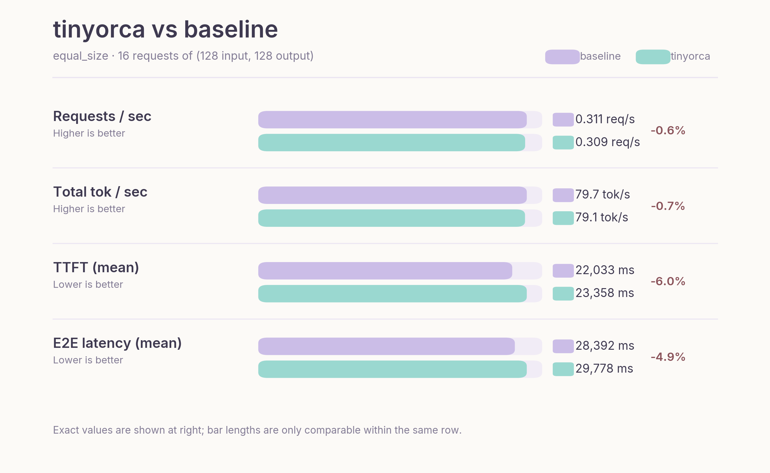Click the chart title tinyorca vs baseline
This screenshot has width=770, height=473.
point(165,29)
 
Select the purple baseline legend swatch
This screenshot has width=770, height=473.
point(562,57)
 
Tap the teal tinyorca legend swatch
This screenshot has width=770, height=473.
point(653,57)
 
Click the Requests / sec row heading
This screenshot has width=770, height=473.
point(102,116)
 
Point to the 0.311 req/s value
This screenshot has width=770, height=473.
point(605,119)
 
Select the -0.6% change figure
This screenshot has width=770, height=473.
point(668,131)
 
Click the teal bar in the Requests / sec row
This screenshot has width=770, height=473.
point(391,143)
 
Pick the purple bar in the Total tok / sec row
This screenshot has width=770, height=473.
point(392,195)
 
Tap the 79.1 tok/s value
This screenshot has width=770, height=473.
point(601,218)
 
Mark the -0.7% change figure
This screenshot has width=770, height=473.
point(668,206)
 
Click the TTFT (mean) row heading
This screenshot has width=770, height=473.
point(96,267)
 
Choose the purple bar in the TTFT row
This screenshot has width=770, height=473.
point(385,271)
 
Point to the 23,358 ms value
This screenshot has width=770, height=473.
point(604,293)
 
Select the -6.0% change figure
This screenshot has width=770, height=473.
point(668,281)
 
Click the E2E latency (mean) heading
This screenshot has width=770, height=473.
point(117,343)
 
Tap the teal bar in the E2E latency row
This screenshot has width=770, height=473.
point(392,369)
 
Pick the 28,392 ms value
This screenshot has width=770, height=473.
point(604,346)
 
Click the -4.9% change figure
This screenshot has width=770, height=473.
point(668,357)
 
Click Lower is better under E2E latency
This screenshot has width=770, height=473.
point(88,360)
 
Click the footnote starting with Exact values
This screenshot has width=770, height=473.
point(257,430)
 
